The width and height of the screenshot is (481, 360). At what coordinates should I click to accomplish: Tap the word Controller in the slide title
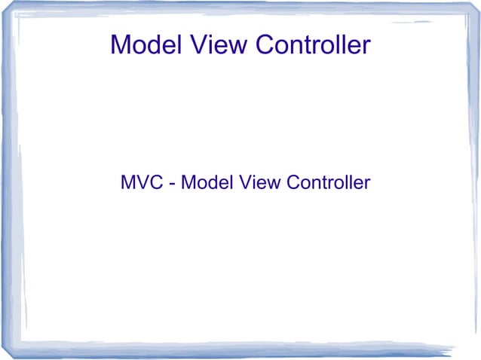(313, 44)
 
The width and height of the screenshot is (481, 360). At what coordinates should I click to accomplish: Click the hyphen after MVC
(174, 184)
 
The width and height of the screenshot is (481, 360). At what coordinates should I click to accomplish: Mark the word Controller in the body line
(328, 182)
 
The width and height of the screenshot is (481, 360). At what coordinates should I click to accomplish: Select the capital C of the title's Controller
(265, 44)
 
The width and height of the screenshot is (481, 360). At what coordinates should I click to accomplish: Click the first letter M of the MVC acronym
(127, 182)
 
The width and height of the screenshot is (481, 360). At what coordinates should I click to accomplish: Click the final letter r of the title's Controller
(366, 46)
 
